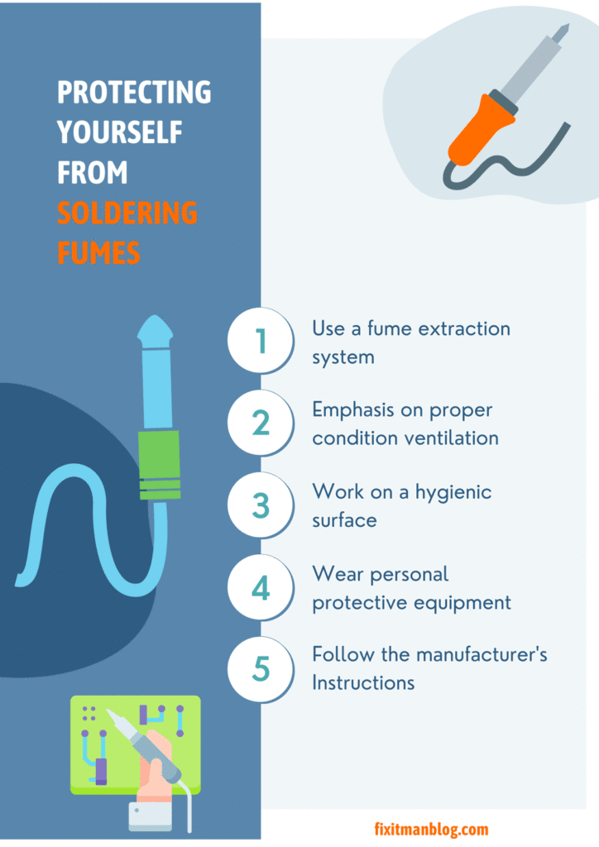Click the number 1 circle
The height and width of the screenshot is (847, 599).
261,342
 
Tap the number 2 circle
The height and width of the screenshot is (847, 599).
261,423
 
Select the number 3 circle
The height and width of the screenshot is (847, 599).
261,505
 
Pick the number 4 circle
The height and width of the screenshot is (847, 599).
261,587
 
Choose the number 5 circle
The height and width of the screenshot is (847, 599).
261,668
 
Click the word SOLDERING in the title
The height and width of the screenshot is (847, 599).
127,213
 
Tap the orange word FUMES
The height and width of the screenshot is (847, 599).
98,252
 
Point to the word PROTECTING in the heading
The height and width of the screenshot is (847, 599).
134,93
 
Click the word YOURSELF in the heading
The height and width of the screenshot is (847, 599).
119,132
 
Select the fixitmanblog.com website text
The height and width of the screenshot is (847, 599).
431,829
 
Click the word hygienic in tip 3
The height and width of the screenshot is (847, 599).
451,493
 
